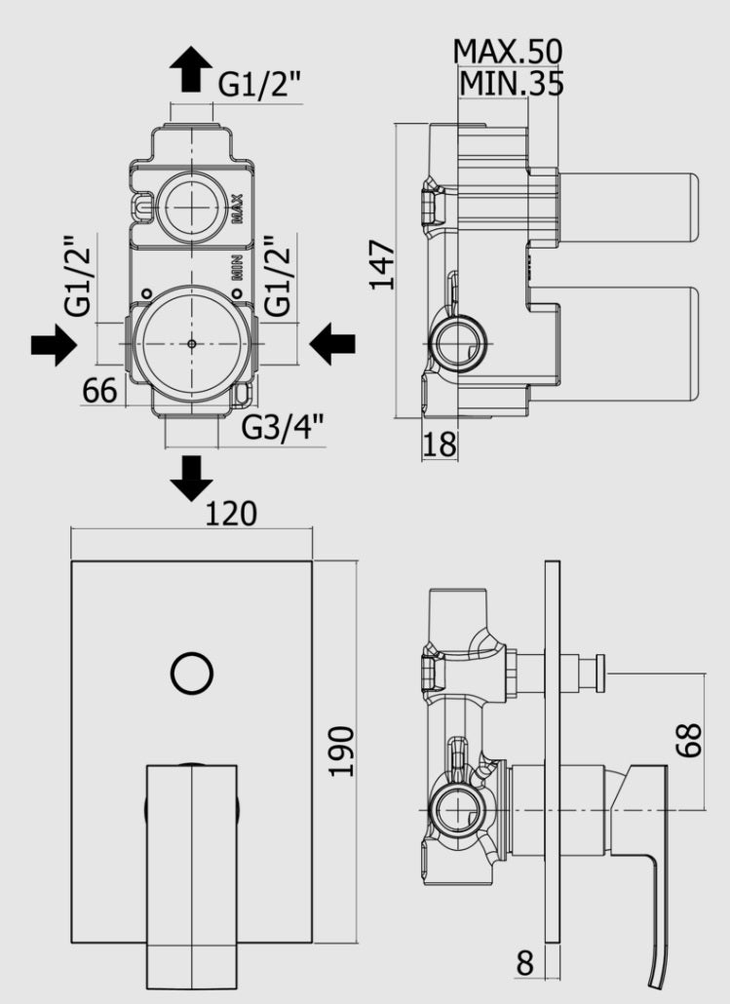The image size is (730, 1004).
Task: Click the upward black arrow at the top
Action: (x=191, y=68)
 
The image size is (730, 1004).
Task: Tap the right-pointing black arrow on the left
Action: (x=54, y=345)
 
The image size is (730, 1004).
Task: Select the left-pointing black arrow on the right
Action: (x=332, y=344)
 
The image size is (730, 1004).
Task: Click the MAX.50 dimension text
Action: (x=508, y=52)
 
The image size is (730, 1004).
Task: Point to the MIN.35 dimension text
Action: (x=512, y=83)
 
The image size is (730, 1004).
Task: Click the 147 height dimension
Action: (x=384, y=265)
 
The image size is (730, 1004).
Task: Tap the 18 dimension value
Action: (x=440, y=444)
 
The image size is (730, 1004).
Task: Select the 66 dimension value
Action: (x=99, y=390)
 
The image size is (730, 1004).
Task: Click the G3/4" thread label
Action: (x=283, y=427)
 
